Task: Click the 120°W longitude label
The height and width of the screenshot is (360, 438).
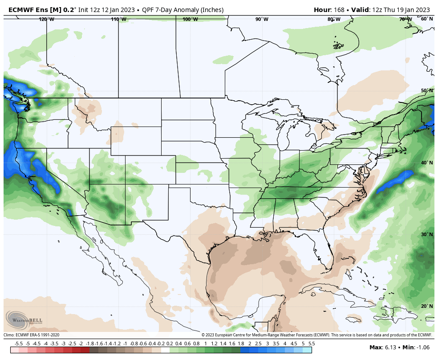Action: tap(46, 19)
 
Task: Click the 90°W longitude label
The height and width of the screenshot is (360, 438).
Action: tap(262, 19)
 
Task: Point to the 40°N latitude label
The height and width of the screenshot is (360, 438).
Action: tap(427, 163)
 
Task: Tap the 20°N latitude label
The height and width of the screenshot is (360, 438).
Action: tap(427, 306)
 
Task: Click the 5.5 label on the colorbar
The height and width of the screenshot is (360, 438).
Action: tap(312, 344)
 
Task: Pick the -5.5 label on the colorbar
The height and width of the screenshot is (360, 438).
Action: tap(19, 344)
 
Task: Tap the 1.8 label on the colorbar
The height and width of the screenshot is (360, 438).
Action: tap(241, 344)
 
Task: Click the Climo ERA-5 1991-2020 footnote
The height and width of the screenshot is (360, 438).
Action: tap(32, 335)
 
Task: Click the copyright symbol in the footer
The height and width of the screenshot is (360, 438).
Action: tap(203, 335)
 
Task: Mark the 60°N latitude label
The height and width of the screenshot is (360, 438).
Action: tap(427, 19)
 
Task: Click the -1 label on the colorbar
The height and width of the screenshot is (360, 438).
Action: tap(125, 344)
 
